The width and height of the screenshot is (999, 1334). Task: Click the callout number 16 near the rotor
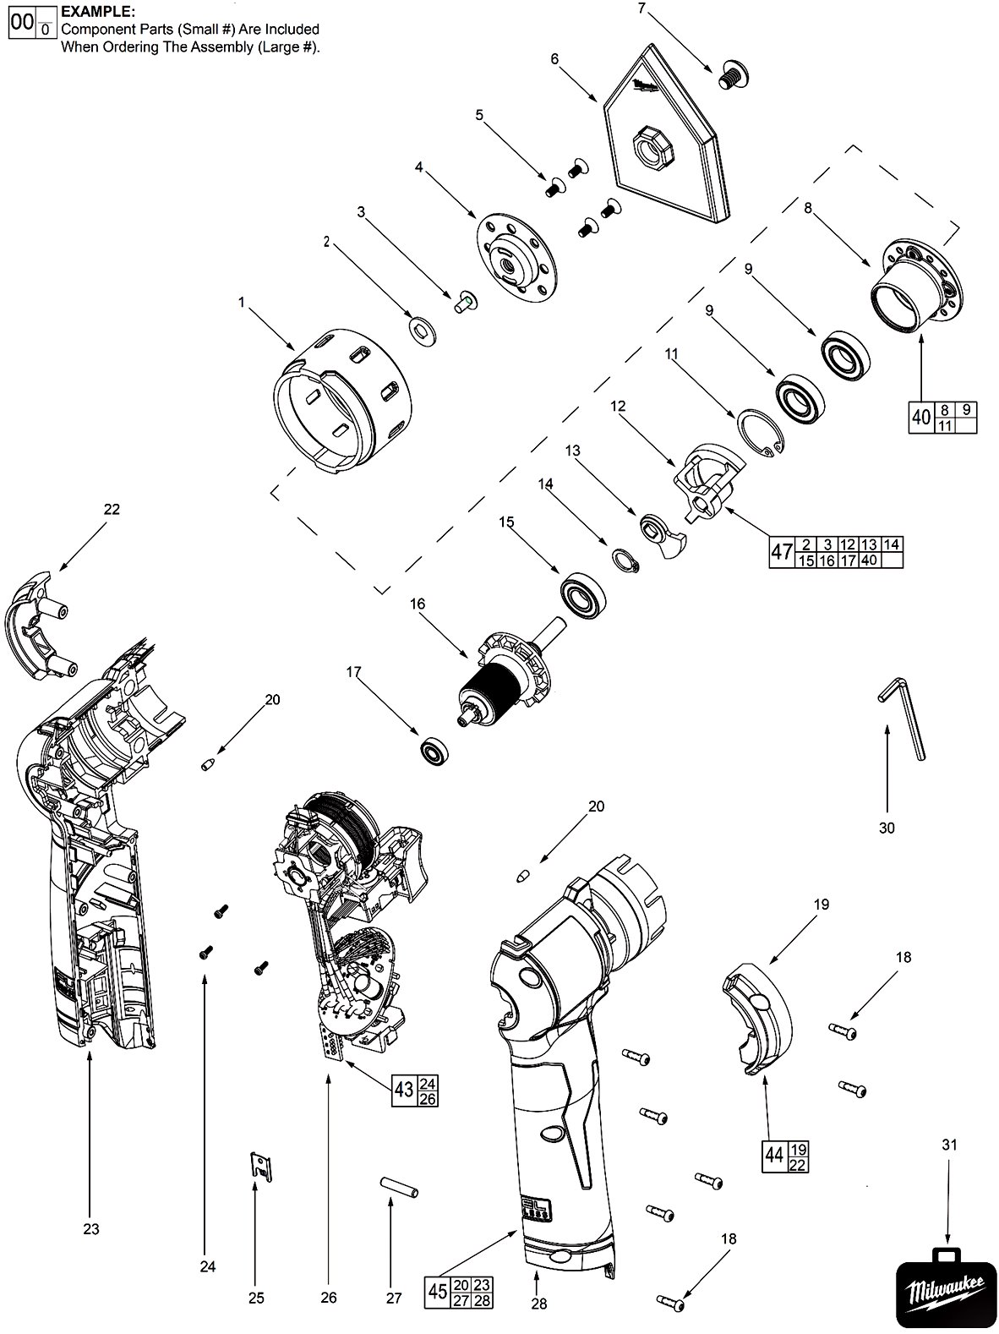point(418,604)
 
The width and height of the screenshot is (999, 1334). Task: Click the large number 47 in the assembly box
point(782,552)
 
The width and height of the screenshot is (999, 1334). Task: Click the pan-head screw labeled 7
point(734,75)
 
